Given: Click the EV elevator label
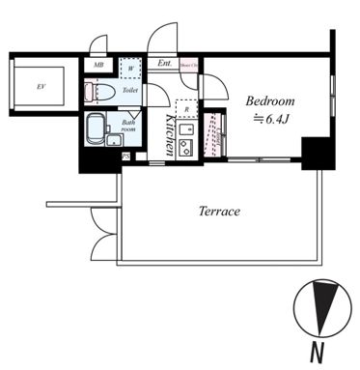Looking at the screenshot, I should pos(41,87).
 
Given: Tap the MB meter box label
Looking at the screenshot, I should pos(98,66).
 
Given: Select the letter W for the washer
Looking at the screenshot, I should pos(130,69).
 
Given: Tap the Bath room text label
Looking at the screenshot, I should pos(128,127).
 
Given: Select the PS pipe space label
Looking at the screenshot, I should pos(125,156).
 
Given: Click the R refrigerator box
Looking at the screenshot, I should pos(186,110).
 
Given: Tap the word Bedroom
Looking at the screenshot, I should pos(268,100).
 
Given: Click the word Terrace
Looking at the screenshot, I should pos(219,212).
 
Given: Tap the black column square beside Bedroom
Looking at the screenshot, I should pos(315,153).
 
